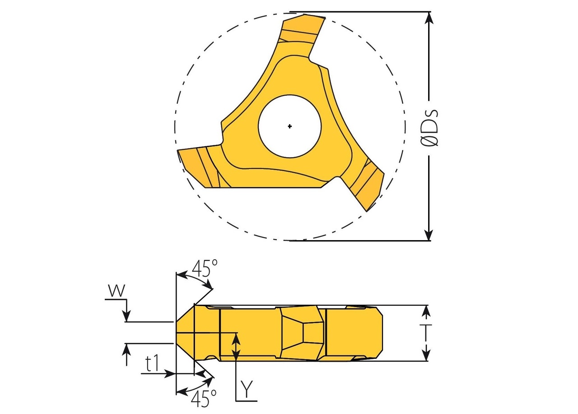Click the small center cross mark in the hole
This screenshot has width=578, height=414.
pyautogui.click(x=290, y=126)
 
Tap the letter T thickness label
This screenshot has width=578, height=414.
pyautogui.click(x=429, y=333)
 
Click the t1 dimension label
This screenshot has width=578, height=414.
pyautogui.click(x=152, y=363)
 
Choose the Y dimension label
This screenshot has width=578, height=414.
pyautogui.click(x=246, y=389)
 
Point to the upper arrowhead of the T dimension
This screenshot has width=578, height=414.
pyautogui.click(x=426, y=311)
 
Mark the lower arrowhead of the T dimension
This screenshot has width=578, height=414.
pyautogui.click(x=426, y=356)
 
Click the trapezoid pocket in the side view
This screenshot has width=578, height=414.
pyautogui.click(x=302, y=333)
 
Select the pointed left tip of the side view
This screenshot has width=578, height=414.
pyautogui.click(x=177, y=333)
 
